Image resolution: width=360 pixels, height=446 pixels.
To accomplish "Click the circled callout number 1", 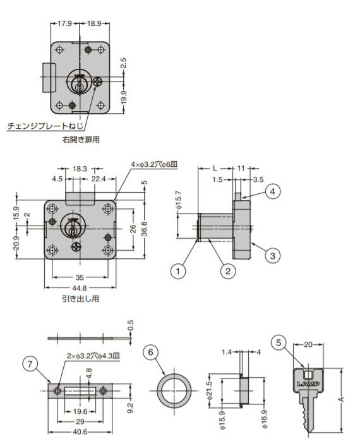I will point(179,271).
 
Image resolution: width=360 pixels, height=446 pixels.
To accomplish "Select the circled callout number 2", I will point(225,271).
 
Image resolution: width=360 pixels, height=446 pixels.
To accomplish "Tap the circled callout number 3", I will point(272,255).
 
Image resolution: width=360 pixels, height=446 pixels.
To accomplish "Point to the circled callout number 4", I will point(272,190).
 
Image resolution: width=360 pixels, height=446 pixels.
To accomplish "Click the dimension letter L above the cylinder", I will point(215,168).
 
